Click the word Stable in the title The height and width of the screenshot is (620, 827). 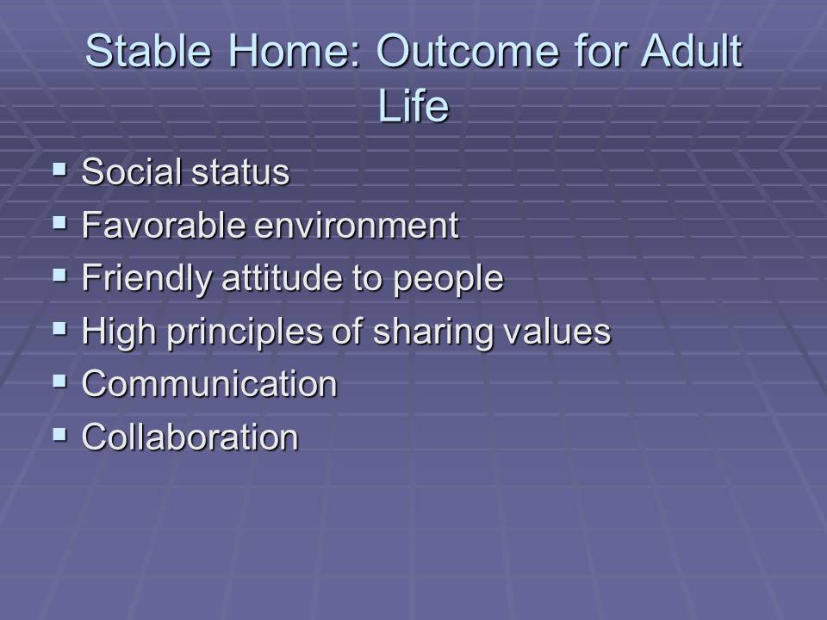[x=148, y=51]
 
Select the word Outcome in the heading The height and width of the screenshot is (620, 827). [x=467, y=51]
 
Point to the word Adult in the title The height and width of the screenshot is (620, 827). [x=692, y=51]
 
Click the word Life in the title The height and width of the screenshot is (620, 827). [x=413, y=105]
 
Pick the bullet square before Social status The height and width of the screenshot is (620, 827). [x=60, y=170]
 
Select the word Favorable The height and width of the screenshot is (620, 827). [x=164, y=225]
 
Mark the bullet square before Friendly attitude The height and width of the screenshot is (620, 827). [x=60, y=276]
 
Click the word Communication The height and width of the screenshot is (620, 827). [x=209, y=383]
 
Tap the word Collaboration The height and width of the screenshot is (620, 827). [x=190, y=437]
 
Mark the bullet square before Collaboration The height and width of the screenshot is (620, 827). [x=60, y=434]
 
